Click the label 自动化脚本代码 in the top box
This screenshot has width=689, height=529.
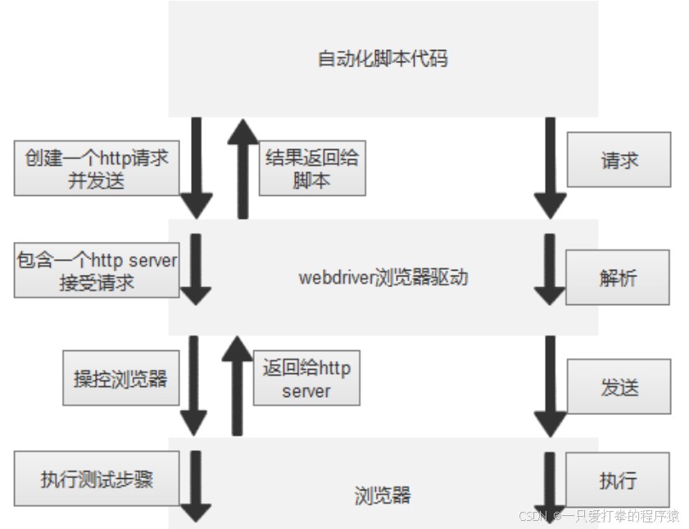[383, 59]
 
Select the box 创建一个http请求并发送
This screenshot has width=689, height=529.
[97, 169]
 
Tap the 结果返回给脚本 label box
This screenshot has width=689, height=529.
[312, 169]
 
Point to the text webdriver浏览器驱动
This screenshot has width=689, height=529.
[383, 277]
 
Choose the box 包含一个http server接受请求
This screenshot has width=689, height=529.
[97, 271]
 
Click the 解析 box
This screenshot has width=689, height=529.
[618, 278]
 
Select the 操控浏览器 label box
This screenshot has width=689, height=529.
[120, 378]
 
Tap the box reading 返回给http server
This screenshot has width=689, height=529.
[306, 379]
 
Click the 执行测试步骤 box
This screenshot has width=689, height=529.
[97, 479]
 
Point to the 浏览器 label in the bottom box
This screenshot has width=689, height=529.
[383, 495]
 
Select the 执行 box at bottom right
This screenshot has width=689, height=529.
[618, 480]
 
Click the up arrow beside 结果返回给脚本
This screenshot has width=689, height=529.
[243, 168]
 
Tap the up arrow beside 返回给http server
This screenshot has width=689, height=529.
[238, 385]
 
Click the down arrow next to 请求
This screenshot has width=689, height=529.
[551, 168]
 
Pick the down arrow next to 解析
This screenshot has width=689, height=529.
[551, 271]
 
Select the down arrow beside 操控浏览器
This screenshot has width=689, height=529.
[195, 385]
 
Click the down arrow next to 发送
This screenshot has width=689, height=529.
[551, 385]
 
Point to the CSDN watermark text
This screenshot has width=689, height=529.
[598, 516]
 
